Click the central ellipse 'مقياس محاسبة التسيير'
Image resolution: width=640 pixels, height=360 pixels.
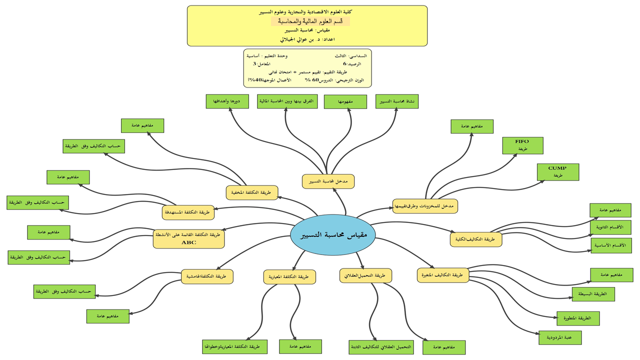332,234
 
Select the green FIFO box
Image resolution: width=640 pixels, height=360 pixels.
522,145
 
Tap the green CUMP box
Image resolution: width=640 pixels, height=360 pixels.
557,171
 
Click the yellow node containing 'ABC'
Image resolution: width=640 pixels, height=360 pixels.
189,238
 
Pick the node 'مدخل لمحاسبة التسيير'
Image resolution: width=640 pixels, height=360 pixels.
328,181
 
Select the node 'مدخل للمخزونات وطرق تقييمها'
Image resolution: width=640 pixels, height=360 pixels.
425,206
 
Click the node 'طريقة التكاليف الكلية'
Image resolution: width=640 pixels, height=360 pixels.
476,239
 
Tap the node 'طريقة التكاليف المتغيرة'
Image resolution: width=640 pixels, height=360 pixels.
443,275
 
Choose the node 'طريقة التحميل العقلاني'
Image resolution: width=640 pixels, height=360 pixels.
365,275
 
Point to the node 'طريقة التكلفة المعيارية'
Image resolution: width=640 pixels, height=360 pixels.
289,276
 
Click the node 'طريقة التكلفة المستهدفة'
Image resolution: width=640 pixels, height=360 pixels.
188,212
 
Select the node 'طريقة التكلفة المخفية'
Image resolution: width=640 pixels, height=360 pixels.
252,192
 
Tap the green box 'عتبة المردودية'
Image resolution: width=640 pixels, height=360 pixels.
559,337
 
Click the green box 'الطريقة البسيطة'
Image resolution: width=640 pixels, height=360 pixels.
593,294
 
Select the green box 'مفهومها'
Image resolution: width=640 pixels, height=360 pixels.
345,101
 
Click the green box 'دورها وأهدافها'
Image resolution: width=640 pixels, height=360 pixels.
227,101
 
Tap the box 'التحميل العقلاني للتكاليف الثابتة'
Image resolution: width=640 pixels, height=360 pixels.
381,347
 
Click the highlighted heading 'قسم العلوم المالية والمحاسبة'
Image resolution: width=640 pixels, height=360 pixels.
310,21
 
